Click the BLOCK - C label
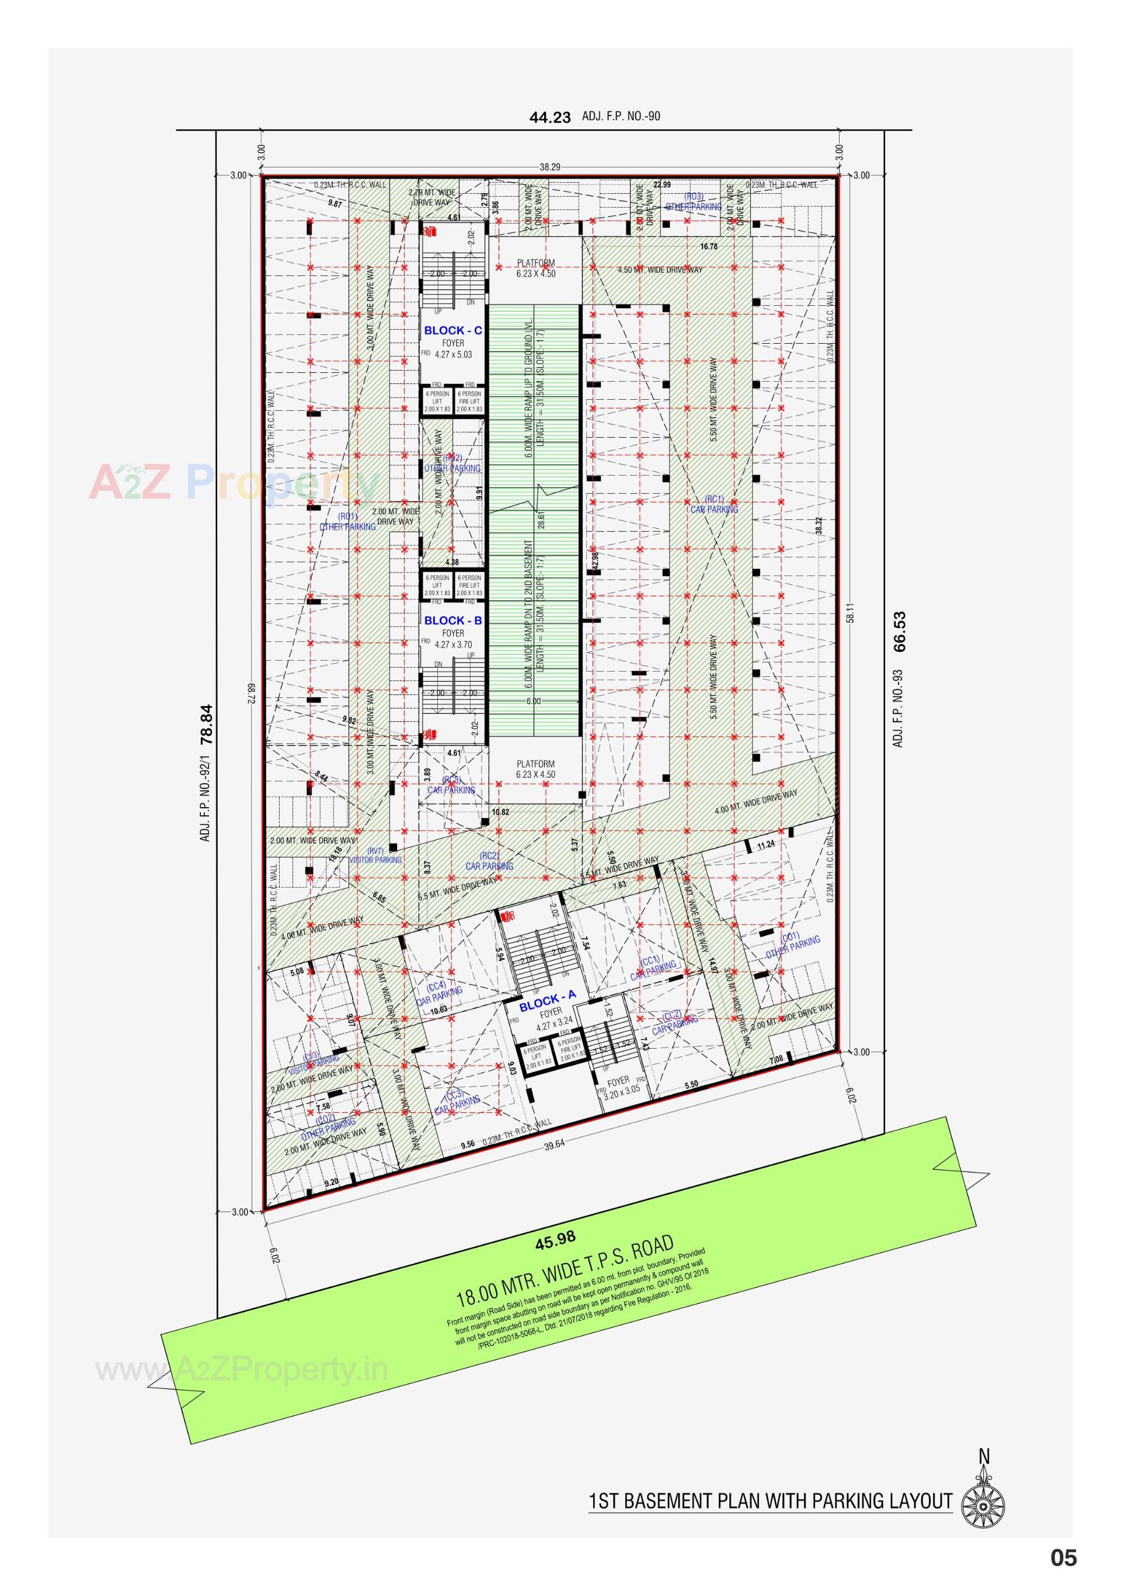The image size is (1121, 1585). point(452,331)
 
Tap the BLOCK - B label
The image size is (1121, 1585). point(452,620)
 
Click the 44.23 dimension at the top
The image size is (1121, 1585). point(550,117)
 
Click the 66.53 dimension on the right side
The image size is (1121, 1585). point(899,631)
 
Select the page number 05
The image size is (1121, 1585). point(1064,1558)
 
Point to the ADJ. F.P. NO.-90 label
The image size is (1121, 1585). point(620,116)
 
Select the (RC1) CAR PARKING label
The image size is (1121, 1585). point(714,505)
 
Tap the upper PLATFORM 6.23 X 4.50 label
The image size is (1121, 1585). point(536,268)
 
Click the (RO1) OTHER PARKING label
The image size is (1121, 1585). point(347,522)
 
